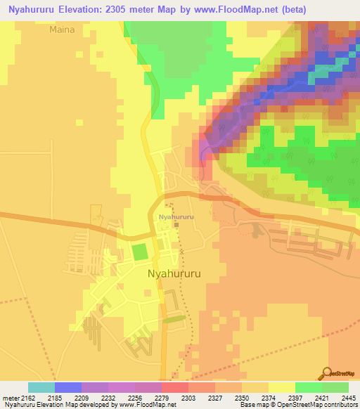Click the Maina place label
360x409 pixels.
pos(62,30)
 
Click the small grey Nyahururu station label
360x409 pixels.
pos(176,217)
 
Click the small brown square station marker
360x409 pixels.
pos(176,225)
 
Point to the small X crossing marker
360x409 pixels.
pos(181,251)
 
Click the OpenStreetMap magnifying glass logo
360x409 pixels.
pos(327,372)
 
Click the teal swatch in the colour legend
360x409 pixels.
pos(41,387)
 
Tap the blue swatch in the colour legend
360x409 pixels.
pos(67,387)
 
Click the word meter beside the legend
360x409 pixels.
pos(10,397)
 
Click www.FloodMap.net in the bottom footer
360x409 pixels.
pos(147,405)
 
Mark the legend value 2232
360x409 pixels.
pos(110,397)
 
